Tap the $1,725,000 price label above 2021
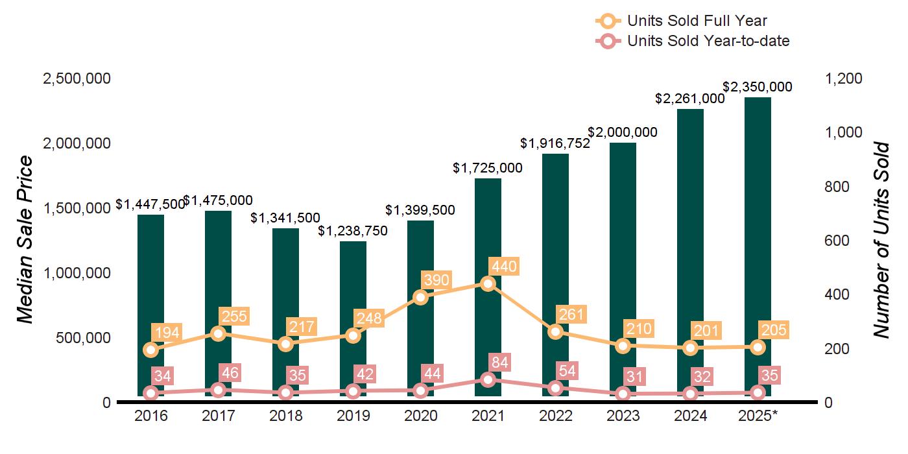pyautogui.click(x=488, y=168)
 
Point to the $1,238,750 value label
pyautogui.click(x=353, y=231)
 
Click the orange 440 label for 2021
pyautogui.click(x=505, y=267)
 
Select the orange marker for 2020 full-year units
pyautogui.click(x=420, y=297)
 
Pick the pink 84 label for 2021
pyautogui.click(x=499, y=361)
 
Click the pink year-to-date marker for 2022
pyautogui.click(x=555, y=388)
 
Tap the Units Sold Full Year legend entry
pyautogui.click(x=697, y=21)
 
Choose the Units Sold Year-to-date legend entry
pyautogui.click(x=708, y=41)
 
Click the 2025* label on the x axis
pyautogui.click(x=758, y=416)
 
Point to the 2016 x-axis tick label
pyautogui.click(x=150, y=416)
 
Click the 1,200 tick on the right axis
pyautogui.click(x=844, y=78)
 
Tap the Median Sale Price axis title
pyautogui.click(x=25, y=240)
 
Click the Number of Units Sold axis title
pyautogui.click(x=881, y=240)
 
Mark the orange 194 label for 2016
pyautogui.click(x=167, y=333)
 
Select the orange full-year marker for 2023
pyautogui.click(x=623, y=346)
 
